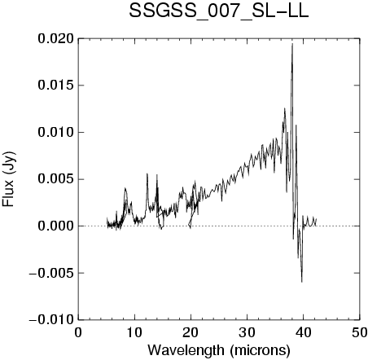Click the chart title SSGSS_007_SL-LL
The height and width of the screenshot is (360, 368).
pos(219,11)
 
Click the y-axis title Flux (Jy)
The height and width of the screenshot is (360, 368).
pos(9,179)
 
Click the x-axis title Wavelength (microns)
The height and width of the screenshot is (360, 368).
pos(219,350)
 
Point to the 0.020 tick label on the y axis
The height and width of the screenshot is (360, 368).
pos(55,38)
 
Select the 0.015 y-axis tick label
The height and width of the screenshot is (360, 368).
pos(55,86)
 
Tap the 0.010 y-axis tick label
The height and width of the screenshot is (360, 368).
pos(55,132)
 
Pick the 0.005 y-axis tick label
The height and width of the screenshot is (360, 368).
pos(55,179)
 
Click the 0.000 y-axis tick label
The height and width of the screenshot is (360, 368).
pos(55,226)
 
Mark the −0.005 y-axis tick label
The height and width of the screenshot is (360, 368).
pos(51,273)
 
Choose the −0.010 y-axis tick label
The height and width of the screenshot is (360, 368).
pos(51,320)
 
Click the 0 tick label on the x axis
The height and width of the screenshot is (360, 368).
pos(78,333)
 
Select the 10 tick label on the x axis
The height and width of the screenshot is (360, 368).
pos(134,333)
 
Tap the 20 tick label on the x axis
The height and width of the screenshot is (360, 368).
pos(191,333)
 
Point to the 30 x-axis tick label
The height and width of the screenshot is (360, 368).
pos(248,333)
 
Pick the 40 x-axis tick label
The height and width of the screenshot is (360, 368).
pos(304,333)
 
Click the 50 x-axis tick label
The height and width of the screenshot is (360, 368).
pos(360,333)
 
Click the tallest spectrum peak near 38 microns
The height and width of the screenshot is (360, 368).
pos(292,44)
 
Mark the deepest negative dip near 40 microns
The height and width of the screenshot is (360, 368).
pos(302,282)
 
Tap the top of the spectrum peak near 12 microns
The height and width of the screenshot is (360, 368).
pos(147,173)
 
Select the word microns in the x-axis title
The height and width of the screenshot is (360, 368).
pos(260,351)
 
